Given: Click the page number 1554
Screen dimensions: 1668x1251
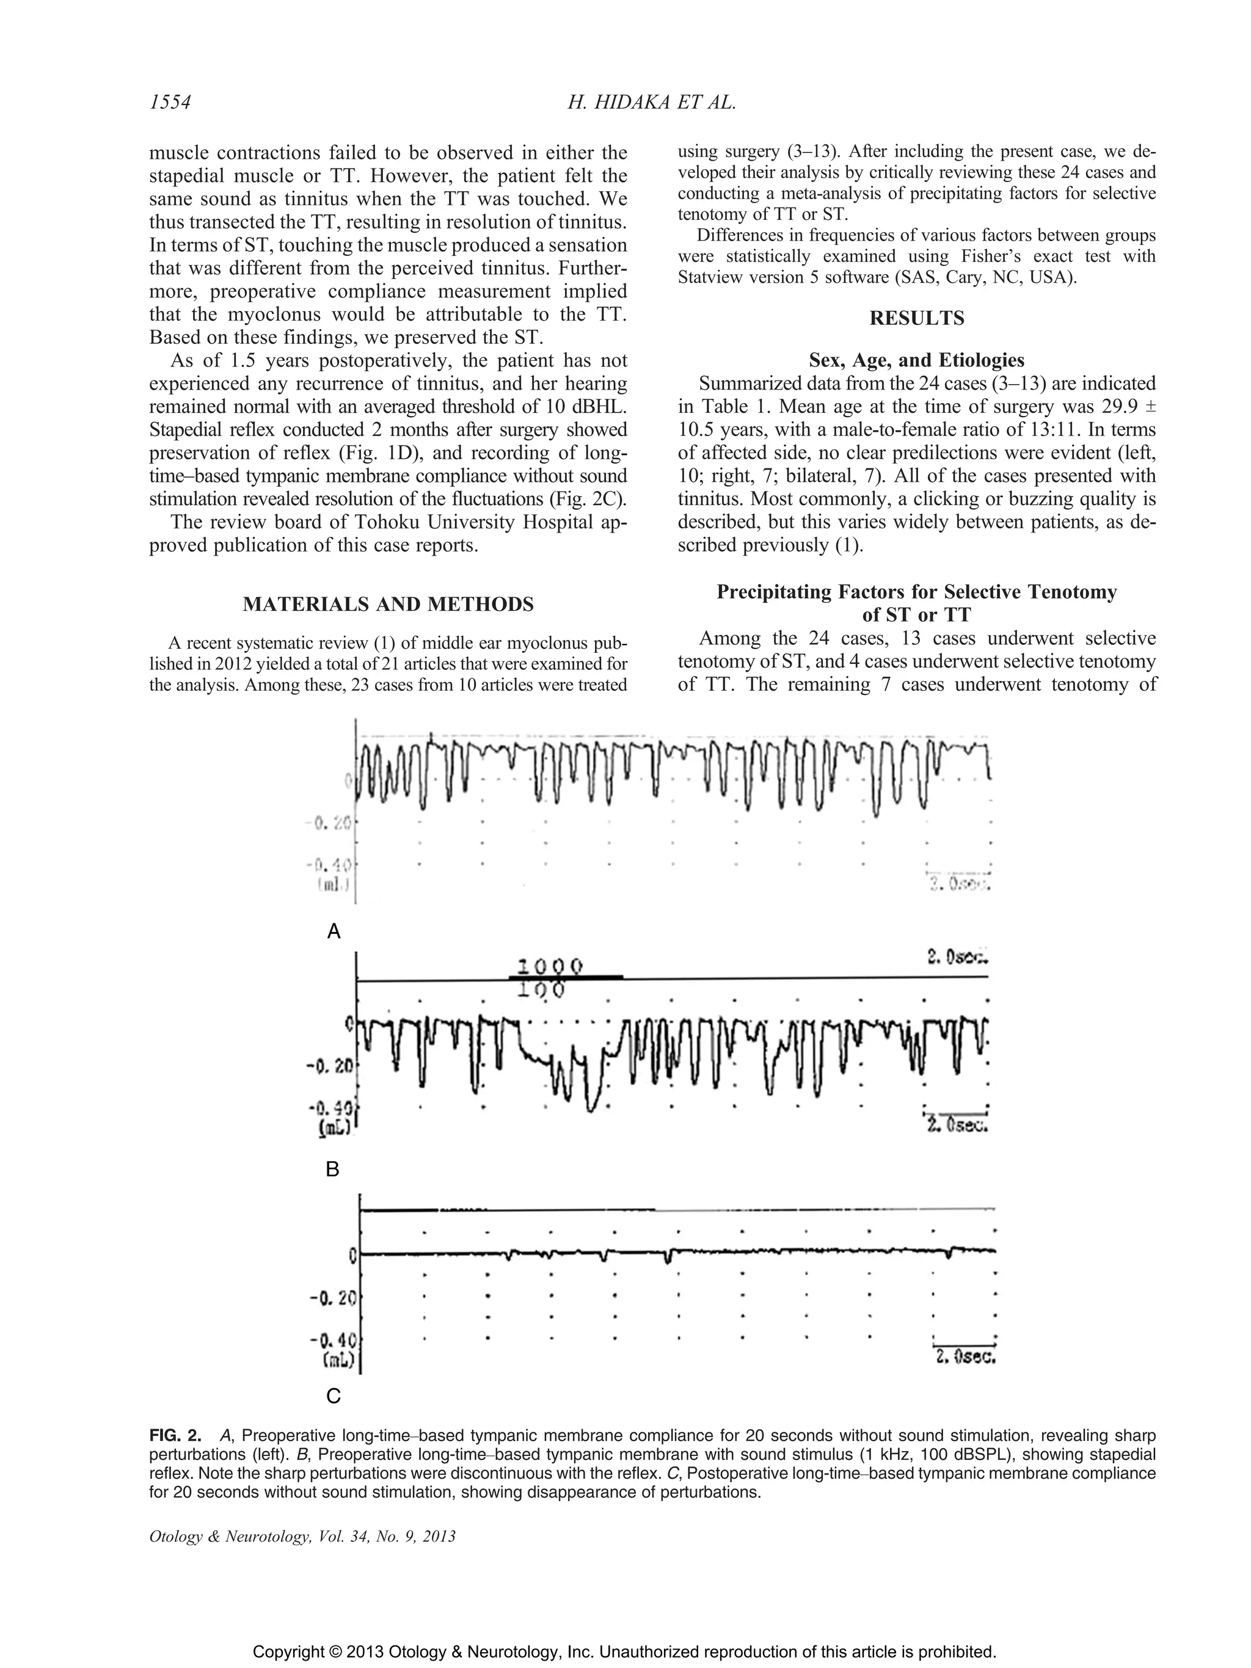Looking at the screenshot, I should click(170, 103).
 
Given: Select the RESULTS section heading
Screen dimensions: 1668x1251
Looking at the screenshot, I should click(916, 318).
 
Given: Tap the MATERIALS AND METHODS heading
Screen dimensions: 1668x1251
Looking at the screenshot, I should click(388, 604).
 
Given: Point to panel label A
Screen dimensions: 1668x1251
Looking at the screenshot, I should click(334, 932).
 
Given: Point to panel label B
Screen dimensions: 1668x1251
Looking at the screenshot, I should click(332, 1170).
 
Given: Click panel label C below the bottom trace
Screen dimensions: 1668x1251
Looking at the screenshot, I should click(332, 1397).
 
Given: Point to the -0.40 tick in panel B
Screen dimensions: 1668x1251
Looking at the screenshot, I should click(331, 1109).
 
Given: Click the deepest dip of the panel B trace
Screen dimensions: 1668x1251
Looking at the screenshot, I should click(592, 1110).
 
